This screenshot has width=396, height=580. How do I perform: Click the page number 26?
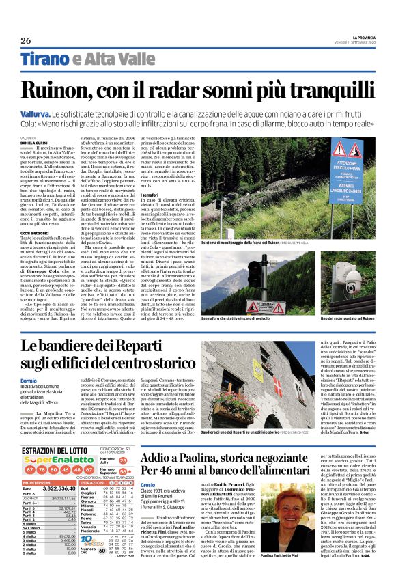[x=26, y=40]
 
